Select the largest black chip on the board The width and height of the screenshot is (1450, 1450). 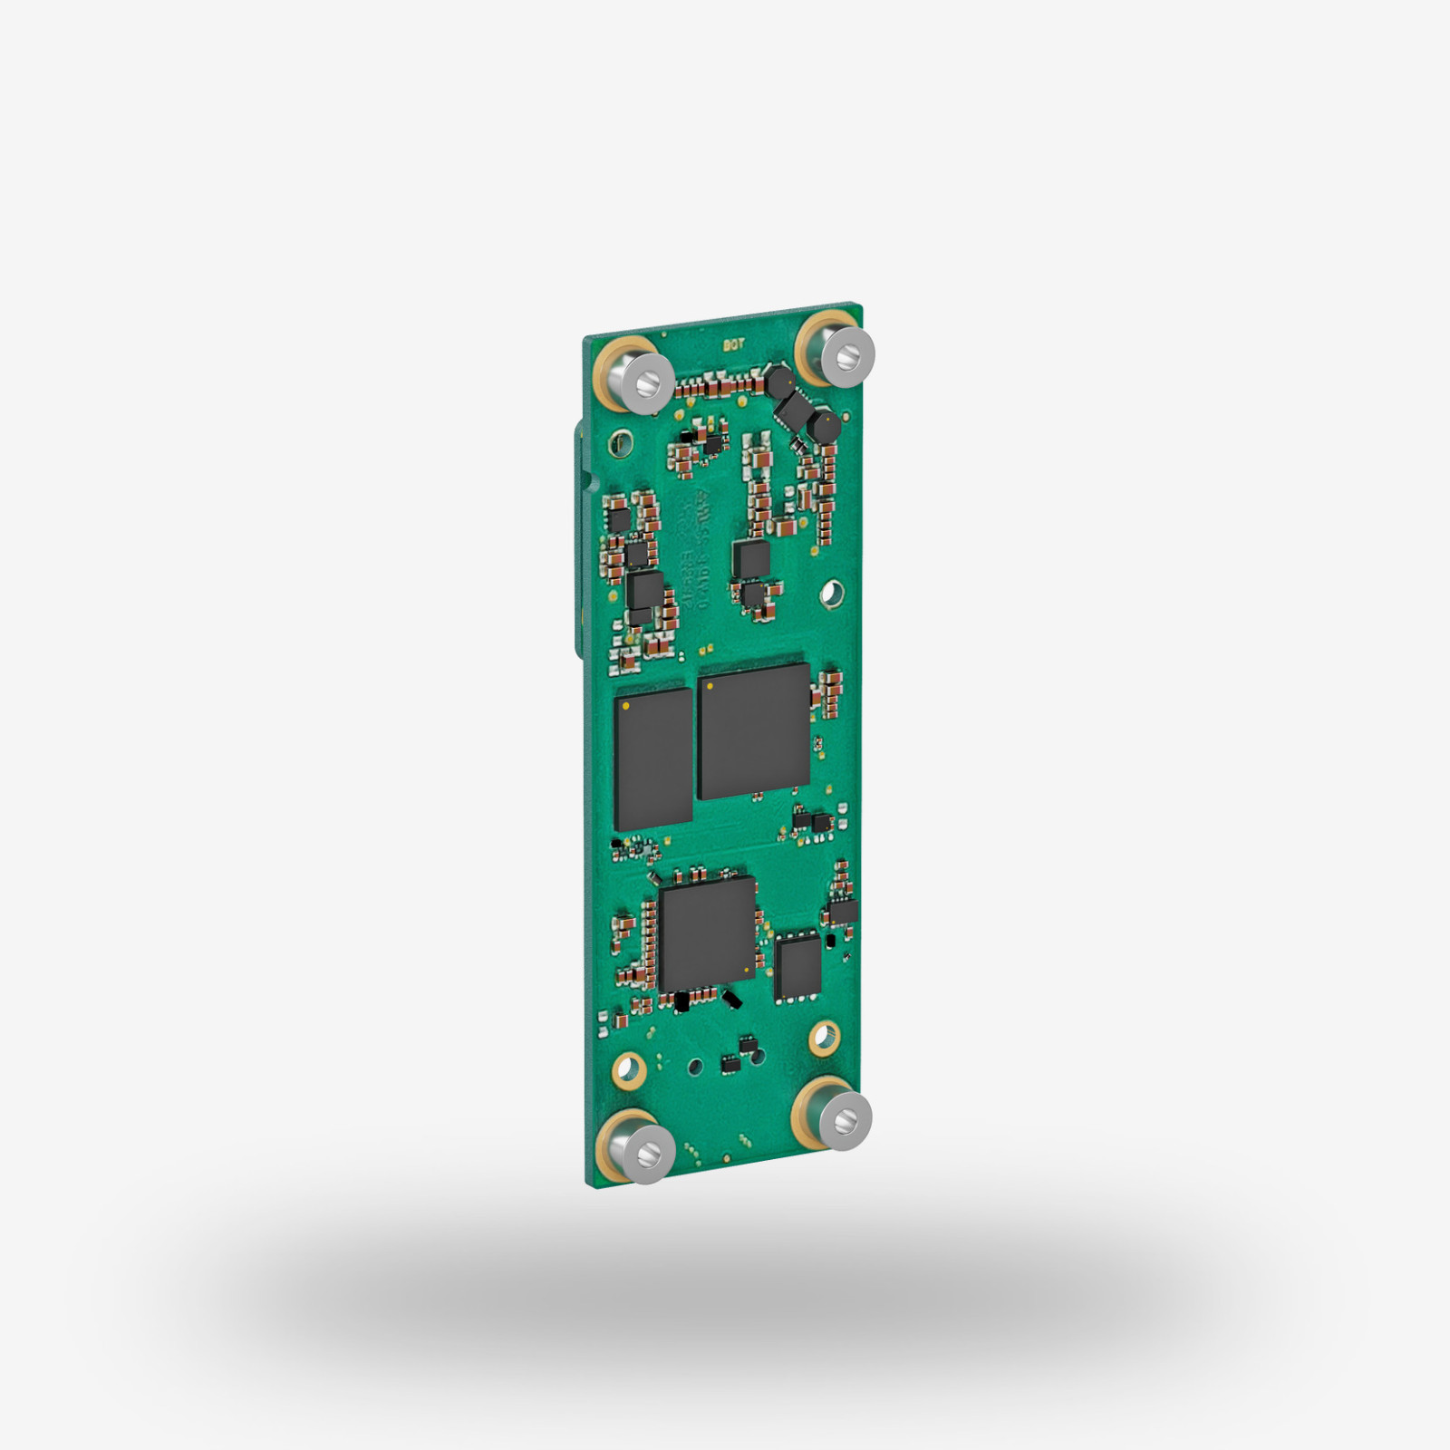(754, 730)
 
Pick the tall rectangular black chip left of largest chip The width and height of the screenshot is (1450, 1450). (653, 759)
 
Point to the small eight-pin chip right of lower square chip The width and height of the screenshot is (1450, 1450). (798, 966)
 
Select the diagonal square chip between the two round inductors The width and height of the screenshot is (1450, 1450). (797, 407)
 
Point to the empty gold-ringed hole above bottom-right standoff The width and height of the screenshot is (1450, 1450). (823, 1035)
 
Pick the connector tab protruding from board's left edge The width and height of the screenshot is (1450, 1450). (577, 544)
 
